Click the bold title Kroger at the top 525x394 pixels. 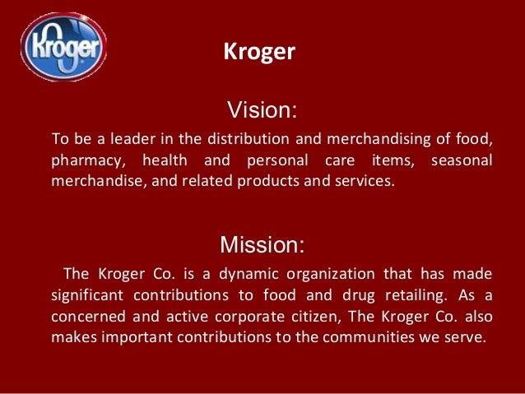(259, 53)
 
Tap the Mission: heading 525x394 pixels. (262, 244)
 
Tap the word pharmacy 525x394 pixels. (85, 158)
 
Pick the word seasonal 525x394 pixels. (462, 158)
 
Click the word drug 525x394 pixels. (347, 294)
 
